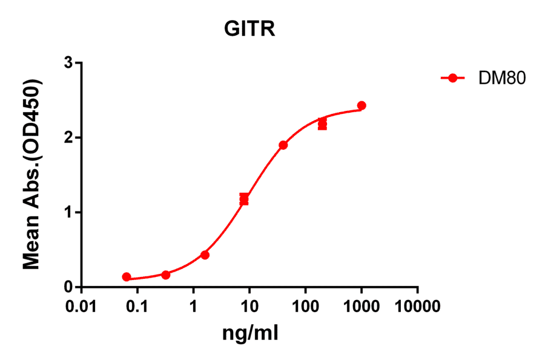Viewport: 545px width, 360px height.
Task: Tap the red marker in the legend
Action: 452,78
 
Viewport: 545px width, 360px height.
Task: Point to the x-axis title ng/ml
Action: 249,333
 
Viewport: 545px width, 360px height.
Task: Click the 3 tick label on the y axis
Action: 69,63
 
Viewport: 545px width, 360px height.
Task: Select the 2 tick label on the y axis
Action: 69,138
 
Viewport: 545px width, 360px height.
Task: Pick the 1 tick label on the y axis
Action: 69,212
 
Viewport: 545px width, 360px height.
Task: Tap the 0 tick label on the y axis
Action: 69,287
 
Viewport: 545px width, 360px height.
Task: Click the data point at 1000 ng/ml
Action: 362,105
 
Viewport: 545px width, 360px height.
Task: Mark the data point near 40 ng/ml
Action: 283,145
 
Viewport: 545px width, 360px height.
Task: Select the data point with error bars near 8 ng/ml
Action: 244,199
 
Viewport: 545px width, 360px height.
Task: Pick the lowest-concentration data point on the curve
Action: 127,277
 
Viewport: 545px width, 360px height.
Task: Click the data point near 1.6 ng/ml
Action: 205,255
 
